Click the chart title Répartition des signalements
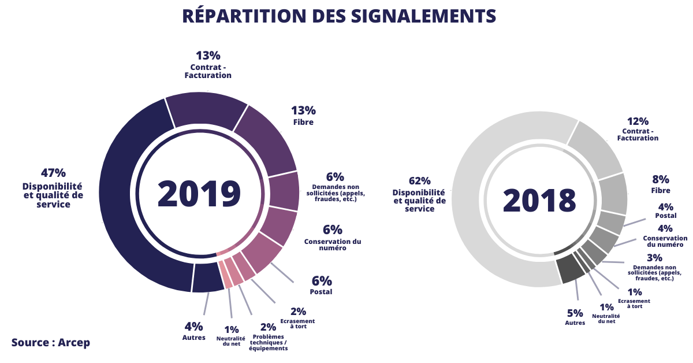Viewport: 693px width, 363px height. (339, 16)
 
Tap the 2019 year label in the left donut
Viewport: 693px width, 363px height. (199, 194)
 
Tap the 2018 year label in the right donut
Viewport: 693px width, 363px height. (539, 200)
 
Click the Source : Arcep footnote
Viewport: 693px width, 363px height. (51, 342)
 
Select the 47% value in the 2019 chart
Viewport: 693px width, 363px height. (53, 172)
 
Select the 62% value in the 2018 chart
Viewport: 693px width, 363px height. (420, 180)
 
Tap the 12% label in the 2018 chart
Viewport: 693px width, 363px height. (638, 121)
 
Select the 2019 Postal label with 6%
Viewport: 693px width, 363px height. (322, 286)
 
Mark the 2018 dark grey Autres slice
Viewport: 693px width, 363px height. (567, 270)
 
